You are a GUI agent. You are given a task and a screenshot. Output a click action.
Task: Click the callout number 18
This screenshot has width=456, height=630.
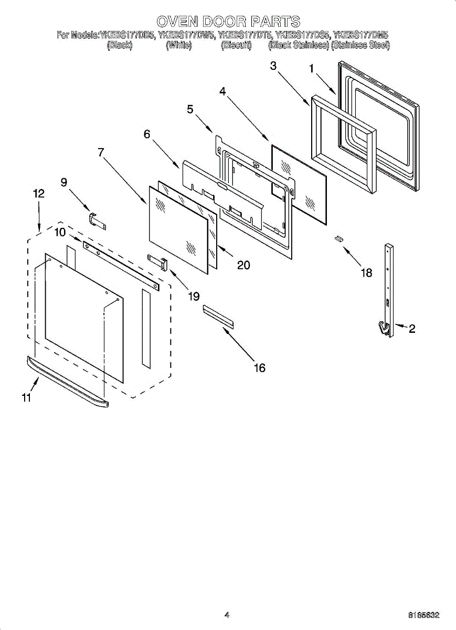[366, 272]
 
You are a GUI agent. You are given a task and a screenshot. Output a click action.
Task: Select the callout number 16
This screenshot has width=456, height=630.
[259, 368]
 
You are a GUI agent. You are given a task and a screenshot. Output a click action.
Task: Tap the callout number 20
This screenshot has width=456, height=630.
[243, 265]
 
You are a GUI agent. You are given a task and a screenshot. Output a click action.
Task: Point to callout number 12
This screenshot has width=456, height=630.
[38, 193]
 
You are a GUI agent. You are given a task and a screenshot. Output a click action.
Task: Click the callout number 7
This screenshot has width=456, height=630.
[100, 152]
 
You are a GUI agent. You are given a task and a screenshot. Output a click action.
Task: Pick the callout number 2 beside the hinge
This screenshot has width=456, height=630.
[412, 329]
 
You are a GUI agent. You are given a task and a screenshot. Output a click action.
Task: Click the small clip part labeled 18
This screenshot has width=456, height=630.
[340, 239]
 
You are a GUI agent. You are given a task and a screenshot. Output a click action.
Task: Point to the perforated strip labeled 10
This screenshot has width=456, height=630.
[121, 262]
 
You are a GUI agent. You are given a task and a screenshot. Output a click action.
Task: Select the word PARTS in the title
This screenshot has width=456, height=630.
[275, 22]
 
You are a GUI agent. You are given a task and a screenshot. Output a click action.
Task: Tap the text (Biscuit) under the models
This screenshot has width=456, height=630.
[236, 46]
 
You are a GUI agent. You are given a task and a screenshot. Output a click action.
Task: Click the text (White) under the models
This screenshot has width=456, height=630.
[179, 46]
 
